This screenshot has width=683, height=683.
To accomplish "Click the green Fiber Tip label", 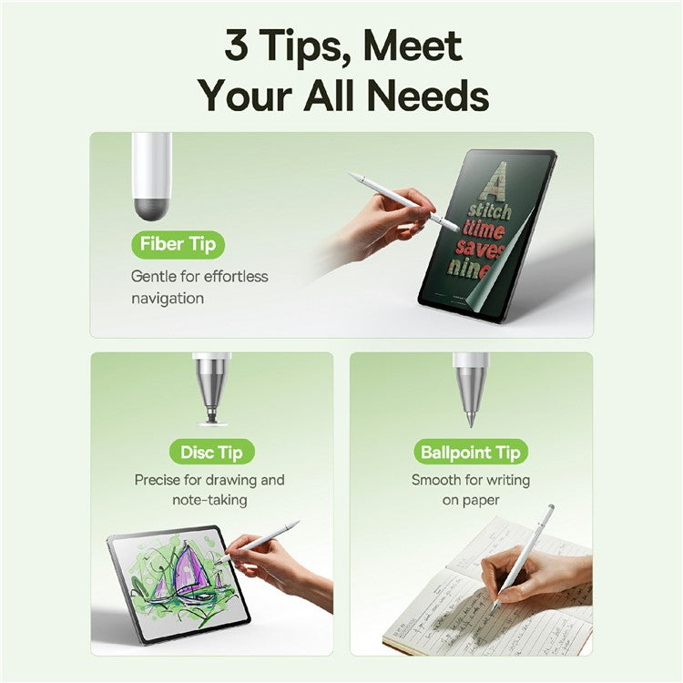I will coord(178,244).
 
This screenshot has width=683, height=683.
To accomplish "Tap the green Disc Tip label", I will coord(211,452).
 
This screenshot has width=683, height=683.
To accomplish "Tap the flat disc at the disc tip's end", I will coord(211,421).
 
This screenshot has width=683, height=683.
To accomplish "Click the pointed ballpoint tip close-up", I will coord(471,414).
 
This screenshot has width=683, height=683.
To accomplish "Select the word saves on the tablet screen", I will coord(497,247).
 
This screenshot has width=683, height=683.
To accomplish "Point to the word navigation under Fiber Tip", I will coord(168,298).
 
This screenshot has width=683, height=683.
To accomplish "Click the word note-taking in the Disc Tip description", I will coord(209,500).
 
